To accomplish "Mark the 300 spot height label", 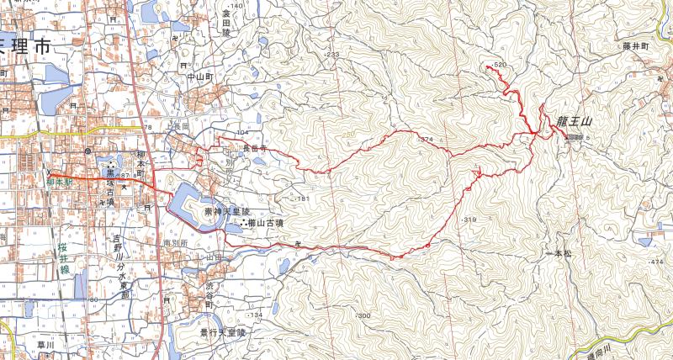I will [363, 315].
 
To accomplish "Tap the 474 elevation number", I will [657, 263].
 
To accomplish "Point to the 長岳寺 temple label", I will [255, 147].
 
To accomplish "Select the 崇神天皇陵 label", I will [227, 212].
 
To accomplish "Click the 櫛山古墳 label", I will [266, 223].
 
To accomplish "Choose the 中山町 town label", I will [202, 75].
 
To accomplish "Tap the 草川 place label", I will [42, 344].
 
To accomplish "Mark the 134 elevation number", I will [256, 315].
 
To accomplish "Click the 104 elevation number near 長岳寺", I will [245, 133].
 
